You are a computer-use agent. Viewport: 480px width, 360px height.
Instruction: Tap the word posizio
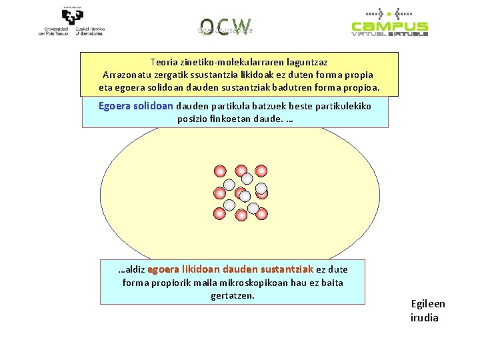pyautogui.click(x=193, y=119)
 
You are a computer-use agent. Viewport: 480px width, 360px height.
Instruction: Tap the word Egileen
pyautogui.click(x=428, y=304)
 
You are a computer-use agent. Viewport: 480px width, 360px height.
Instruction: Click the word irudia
pyautogui.click(x=425, y=317)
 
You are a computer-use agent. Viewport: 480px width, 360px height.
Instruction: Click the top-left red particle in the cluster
pyautogui.click(x=220, y=171)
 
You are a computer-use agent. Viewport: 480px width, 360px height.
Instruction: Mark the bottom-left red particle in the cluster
pyautogui.click(x=220, y=214)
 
